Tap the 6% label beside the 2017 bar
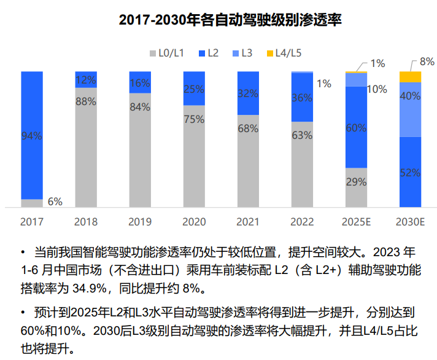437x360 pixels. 55,202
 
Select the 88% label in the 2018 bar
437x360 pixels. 86,102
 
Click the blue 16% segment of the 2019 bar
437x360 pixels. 140,82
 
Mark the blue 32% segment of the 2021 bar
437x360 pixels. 248,93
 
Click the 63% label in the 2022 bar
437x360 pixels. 302,135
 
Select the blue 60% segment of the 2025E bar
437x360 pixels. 356,127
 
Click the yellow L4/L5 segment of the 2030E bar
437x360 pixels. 410,76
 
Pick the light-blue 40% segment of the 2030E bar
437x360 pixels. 410,109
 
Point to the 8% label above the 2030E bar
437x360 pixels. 427,61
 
